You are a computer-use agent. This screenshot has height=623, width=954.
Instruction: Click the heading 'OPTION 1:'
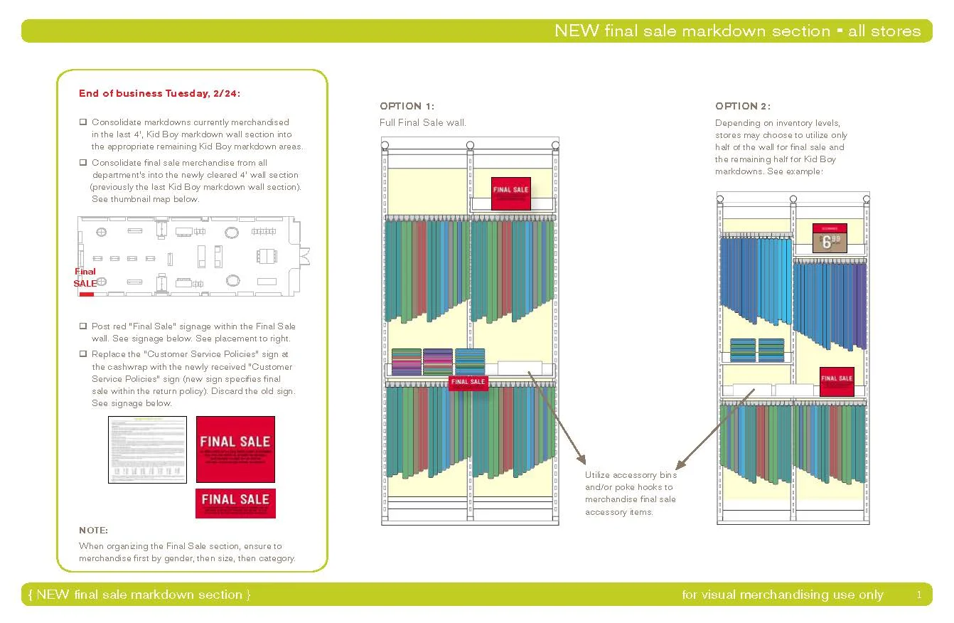tap(407, 107)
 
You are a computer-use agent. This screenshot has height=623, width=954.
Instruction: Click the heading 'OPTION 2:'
tap(742, 107)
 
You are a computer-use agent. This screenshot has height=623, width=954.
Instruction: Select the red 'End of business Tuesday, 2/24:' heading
tap(164, 93)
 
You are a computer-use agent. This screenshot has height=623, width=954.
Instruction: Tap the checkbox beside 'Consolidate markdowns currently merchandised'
tap(83, 122)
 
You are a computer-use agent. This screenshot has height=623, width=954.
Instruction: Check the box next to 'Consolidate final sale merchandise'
tap(83, 163)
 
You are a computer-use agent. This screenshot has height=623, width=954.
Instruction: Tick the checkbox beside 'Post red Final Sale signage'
tap(83, 326)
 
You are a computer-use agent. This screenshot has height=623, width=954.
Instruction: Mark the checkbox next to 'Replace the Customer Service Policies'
tap(83, 354)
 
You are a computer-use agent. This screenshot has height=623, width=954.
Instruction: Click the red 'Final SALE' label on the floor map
tap(85, 277)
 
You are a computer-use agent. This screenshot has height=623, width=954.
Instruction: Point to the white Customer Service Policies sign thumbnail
tap(147, 449)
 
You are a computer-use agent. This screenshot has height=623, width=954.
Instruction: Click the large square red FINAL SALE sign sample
tap(235, 449)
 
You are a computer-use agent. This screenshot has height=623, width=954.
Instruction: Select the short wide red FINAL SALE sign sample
tap(235, 503)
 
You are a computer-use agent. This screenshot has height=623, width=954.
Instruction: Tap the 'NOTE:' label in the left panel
tap(94, 531)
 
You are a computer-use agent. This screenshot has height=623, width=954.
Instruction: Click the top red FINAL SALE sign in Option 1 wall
tap(511, 193)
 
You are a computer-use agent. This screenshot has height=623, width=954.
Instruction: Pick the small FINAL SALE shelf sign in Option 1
tap(468, 383)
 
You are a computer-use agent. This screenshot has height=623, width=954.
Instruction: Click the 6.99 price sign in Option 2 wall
tap(830, 238)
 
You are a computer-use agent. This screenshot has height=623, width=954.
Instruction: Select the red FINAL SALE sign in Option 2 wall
tap(837, 380)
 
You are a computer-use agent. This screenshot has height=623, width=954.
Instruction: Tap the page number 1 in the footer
tap(918, 595)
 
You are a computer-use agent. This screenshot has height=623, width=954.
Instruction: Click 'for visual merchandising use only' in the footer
tap(782, 595)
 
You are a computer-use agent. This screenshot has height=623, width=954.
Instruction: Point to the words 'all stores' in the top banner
tap(884, 31)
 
